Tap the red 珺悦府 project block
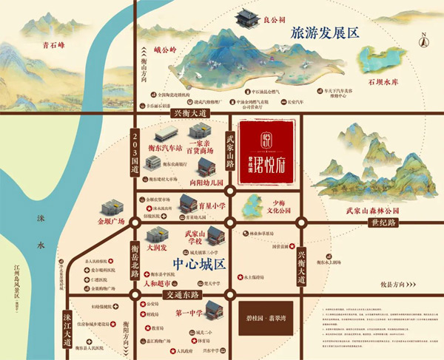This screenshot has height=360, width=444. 266,156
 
